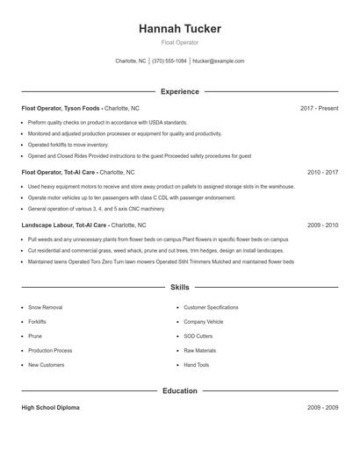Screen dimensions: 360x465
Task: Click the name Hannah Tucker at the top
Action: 179,29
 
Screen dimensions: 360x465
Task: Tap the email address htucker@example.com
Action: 218,61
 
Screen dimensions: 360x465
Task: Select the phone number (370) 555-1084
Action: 169,61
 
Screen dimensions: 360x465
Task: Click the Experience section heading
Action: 179,91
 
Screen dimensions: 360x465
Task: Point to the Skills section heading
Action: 179,287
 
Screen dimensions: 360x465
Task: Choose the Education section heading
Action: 179,390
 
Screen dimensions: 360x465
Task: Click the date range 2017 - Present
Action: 319,108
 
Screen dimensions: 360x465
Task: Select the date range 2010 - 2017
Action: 322,173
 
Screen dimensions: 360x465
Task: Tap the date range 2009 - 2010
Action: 322,225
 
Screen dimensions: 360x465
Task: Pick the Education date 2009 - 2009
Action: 322,408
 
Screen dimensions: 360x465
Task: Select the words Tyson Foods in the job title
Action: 81,108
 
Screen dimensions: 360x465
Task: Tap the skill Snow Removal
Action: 46,308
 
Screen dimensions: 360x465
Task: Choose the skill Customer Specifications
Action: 211,308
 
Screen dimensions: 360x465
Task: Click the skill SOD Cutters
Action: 198,336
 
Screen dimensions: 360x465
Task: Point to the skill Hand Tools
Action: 197,364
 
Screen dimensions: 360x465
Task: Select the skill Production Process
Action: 50,350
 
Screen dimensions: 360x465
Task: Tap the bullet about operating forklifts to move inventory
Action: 68,145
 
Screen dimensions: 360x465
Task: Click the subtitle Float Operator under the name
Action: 179,42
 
